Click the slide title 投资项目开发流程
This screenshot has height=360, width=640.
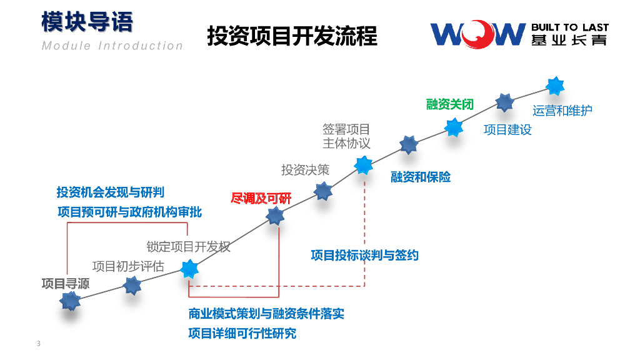point(292,36)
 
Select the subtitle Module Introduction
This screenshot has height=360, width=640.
point(112,46)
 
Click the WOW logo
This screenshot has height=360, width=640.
point(477,34)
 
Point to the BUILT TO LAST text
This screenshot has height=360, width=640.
point(569,27)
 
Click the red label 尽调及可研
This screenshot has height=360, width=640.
point(261,199)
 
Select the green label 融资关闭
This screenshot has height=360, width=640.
point(450,104)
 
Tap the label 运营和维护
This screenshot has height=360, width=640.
point(562,111)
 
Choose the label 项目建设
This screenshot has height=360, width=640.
point(507,130)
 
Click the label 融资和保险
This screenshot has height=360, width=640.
point(421,177)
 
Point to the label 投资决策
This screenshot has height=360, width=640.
point(305,169)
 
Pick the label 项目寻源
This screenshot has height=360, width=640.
point(66,283)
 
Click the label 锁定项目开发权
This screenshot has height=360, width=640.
point(189,246)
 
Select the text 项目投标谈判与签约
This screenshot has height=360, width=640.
point(365,255)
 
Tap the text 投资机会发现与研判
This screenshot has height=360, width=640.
point(111,192)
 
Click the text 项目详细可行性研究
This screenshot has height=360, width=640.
point(242,333)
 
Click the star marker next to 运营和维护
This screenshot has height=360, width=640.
point(554,86)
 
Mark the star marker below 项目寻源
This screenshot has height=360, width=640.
point(70,301)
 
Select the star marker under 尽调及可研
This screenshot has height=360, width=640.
point(275,216)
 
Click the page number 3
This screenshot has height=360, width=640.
point(39,344)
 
